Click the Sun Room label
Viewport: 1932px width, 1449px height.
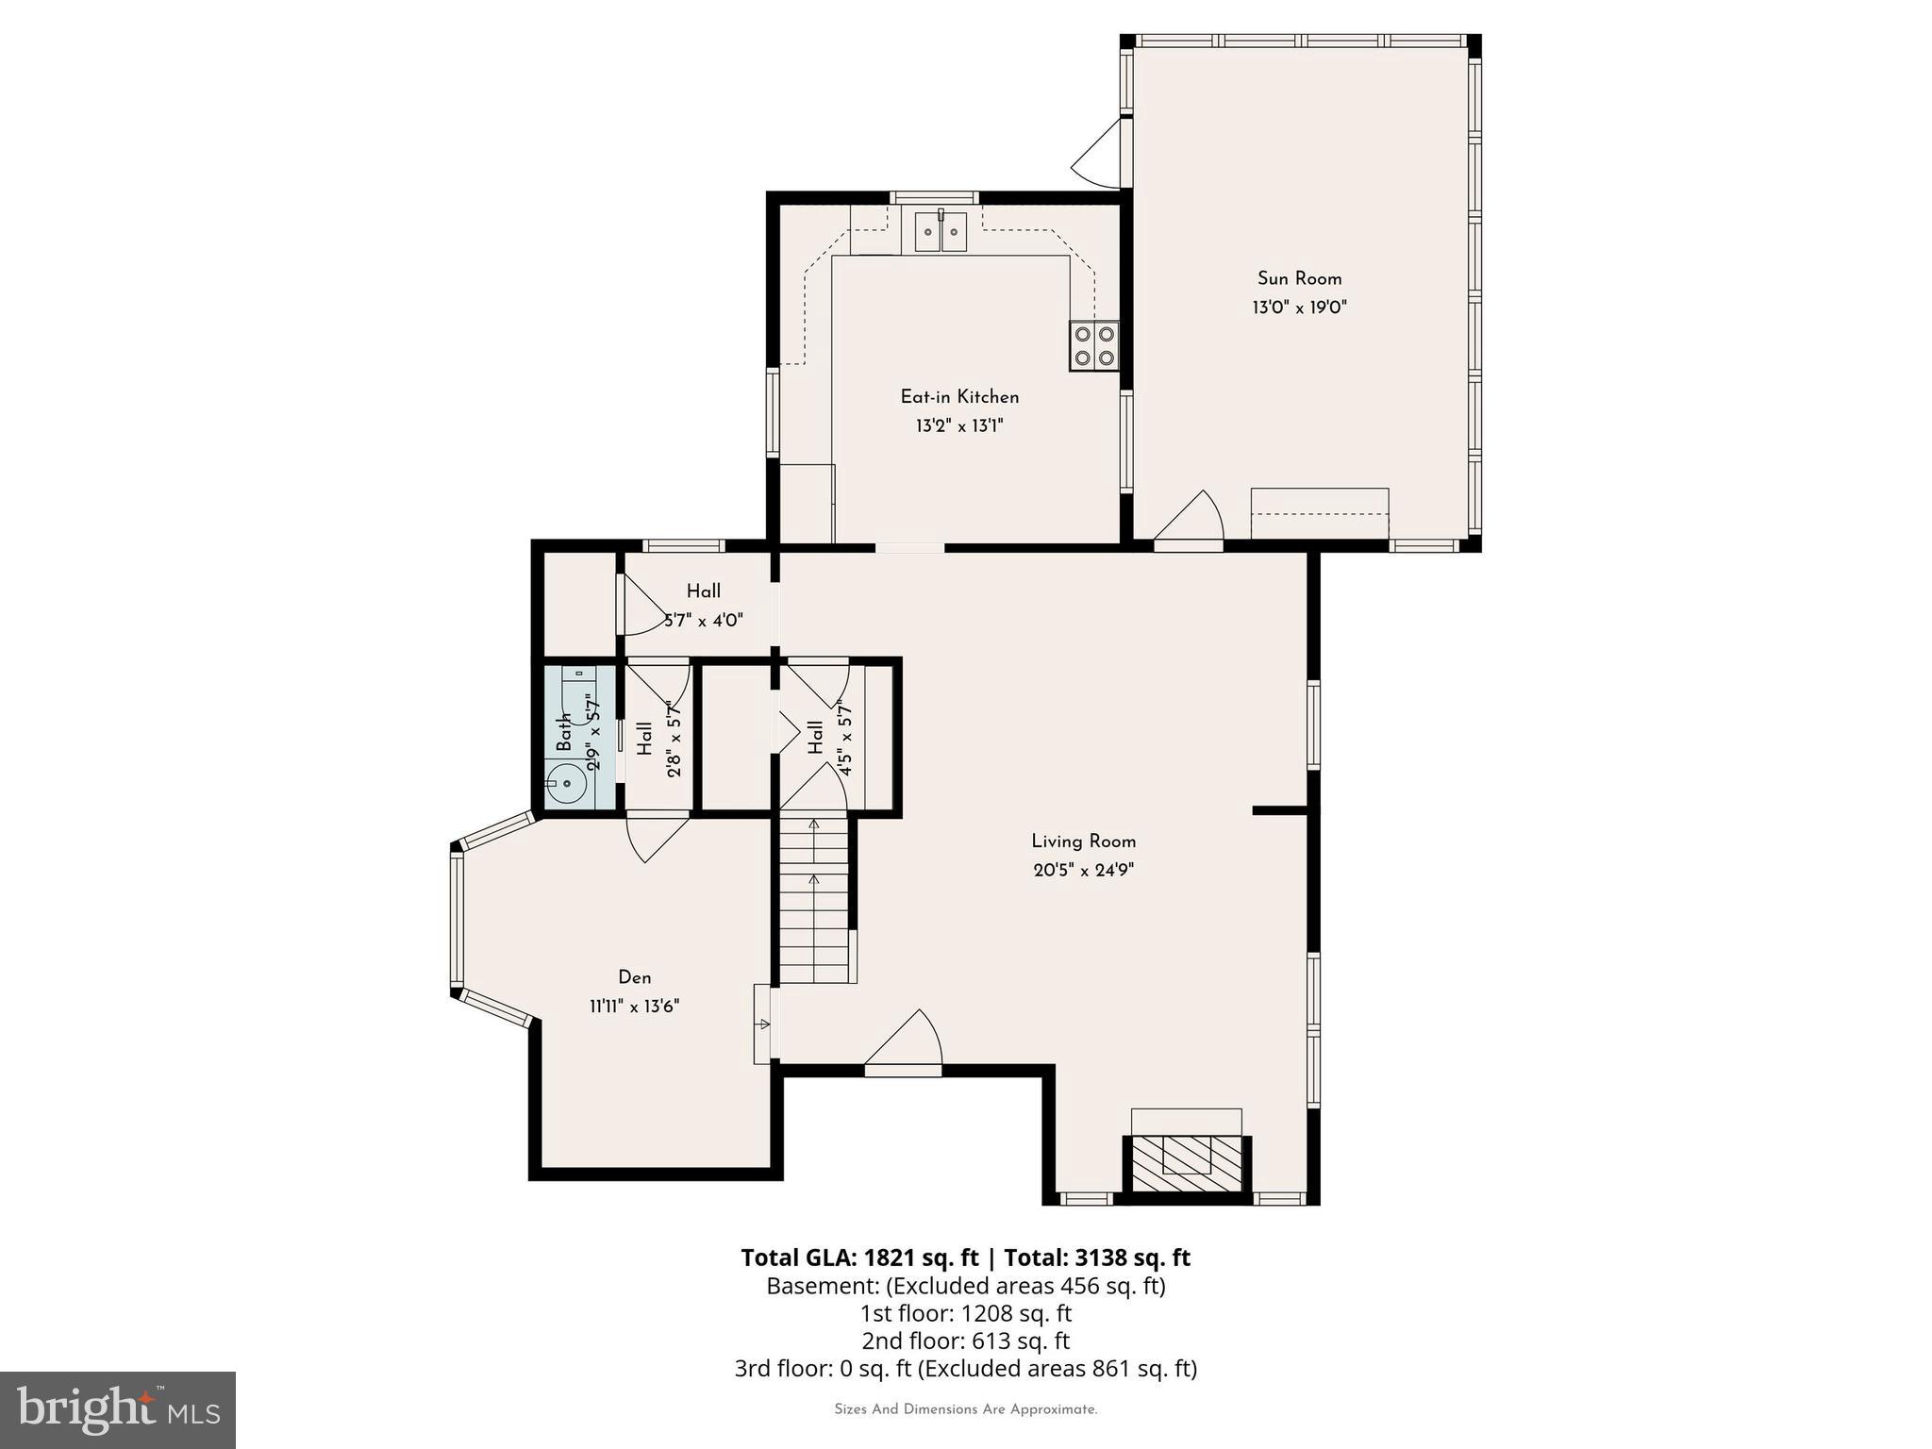tap(1299, 278)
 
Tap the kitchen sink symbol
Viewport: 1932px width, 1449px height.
tap(941, 232)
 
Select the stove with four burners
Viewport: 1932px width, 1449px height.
tap(1093, 346)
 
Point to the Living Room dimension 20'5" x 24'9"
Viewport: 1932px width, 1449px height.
tap(1083, 870)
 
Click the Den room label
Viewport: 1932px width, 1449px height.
tap(635, 977)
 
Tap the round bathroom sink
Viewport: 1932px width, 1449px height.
tap(567, 783)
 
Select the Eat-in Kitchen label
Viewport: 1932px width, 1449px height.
tap(959, 397)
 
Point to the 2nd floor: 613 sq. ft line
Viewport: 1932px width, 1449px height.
tap(965, 1341)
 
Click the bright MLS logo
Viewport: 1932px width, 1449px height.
tap(118, 1409)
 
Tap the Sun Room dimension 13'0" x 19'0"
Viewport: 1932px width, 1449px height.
tap(1299, 308)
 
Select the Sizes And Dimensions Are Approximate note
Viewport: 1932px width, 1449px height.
tap(965, 1409)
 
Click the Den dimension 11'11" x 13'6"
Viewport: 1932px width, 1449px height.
tap(635, 1007)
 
